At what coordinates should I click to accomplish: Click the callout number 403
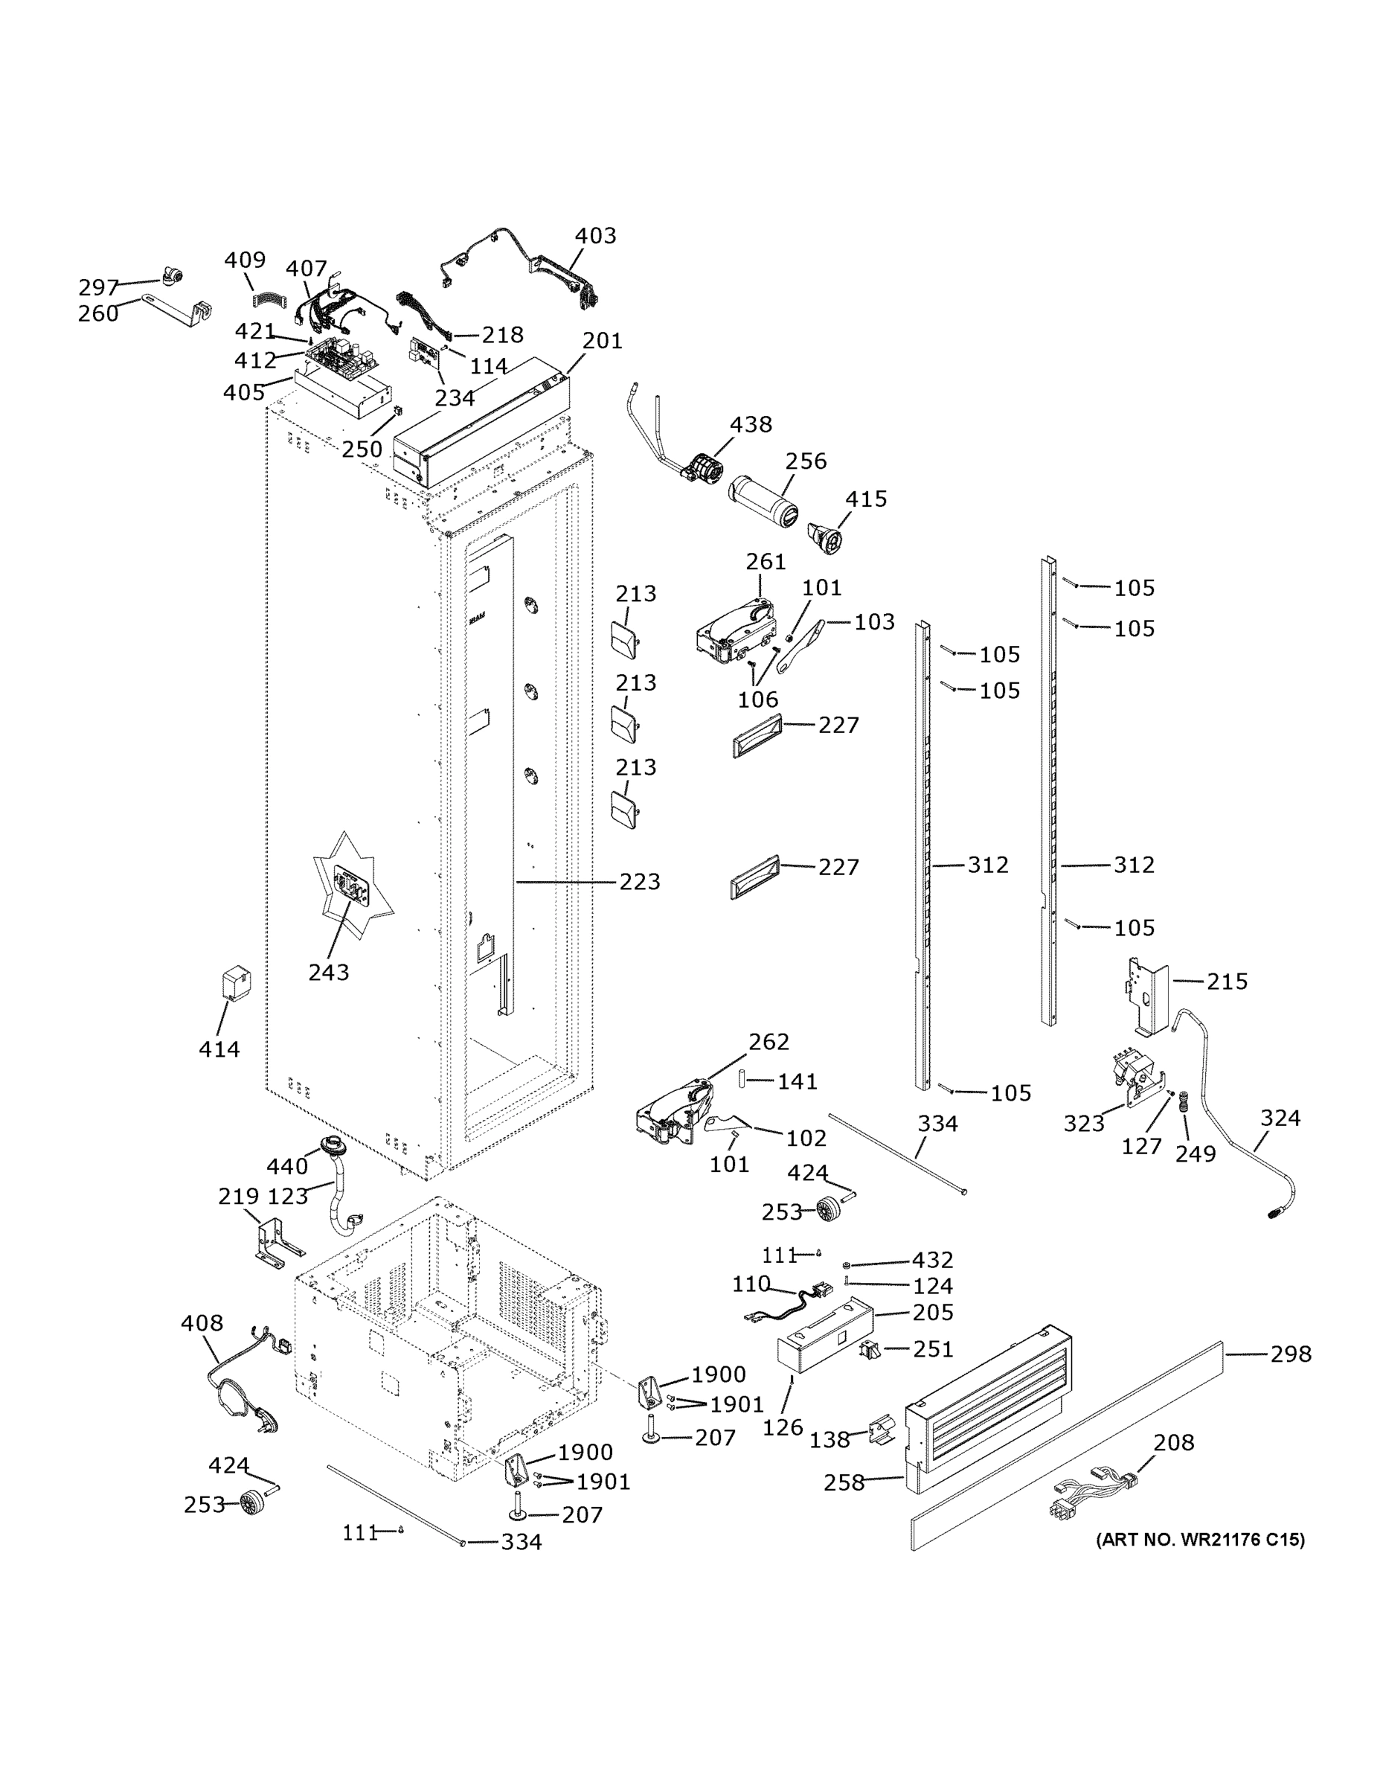coord(595,235)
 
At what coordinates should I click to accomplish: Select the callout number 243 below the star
coord(329,973)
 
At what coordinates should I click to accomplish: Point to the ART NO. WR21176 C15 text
coord(1200,1540)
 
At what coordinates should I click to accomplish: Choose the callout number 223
coord(639,882)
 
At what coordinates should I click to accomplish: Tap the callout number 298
coord(1290,1354)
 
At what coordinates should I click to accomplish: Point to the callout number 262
coord(768,1042)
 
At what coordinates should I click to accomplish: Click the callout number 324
coord(1280,1118)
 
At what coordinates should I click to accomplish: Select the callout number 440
coord(287,1166)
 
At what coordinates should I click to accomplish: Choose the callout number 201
coord(603,341)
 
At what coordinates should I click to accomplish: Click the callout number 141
coord(797,1081)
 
